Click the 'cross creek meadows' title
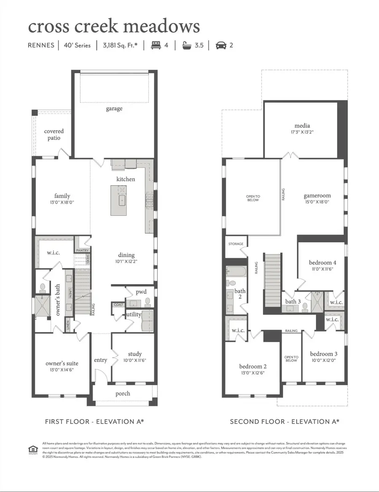(x=114, y=26)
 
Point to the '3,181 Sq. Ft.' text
(x=120, y=45)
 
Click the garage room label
(x=114, y=109)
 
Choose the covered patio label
(x=54, y=135)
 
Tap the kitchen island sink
(x=122, y=200)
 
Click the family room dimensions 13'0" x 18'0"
(x=62, y=202)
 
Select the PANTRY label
(x=82, y=250)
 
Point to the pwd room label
(x=140, y=291)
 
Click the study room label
(x=135, y=354)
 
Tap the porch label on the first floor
(x=123, y=394)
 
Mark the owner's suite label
(x=62, y=363)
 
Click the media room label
(x=302, y=125)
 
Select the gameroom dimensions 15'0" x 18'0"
(x=317, y=202)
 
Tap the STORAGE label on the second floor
(x=236, y=243)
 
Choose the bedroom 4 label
(x=322, y=263)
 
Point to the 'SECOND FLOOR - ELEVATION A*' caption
(x=284, y=421)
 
